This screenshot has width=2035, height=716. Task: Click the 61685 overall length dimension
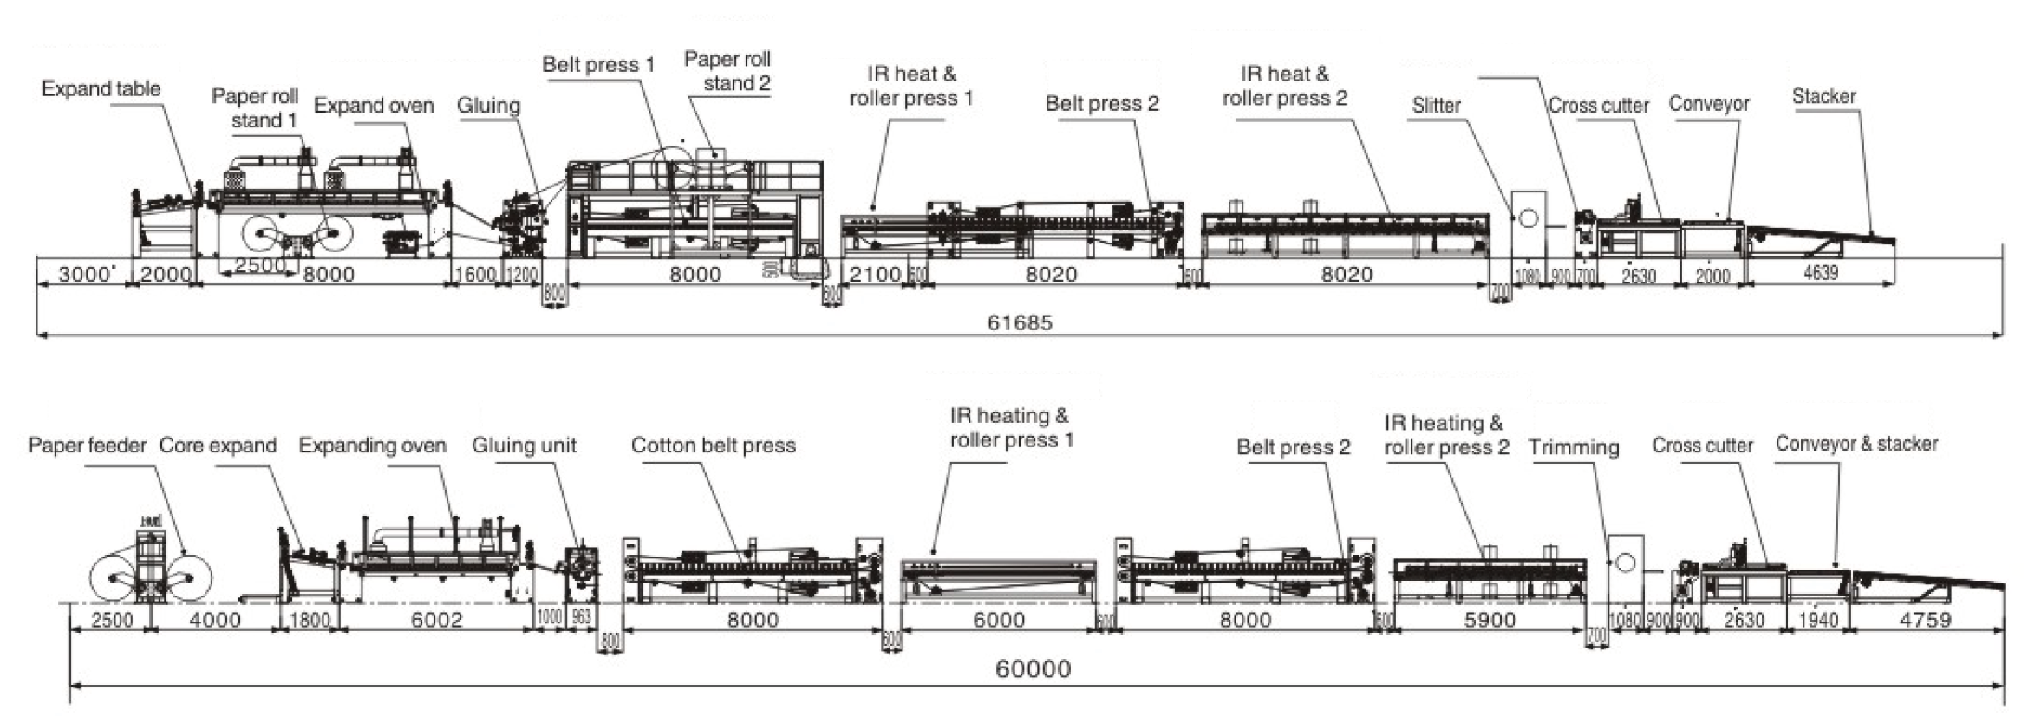(x=1020, y=322)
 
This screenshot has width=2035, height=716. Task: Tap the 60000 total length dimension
(x=1033, y=668)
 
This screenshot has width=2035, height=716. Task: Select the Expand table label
(x=101, y=88)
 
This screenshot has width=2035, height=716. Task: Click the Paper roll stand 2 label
(x=727, y=71)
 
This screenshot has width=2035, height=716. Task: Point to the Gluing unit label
(x=524, y=446)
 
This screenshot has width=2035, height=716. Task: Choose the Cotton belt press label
(x=713, y=446)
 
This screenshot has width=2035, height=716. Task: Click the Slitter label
(x=1436, y=106)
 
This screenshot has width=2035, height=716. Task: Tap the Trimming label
(x=1573, y=447)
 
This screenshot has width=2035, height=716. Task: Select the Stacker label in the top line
(x=1824, y=96)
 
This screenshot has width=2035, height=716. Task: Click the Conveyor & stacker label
(x=1856, y=444)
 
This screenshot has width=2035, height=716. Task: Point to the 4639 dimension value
(x=1821, y=273)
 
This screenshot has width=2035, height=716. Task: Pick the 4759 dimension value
(x=1925, y=620)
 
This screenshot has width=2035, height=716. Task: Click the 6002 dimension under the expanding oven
(x=436, y=620)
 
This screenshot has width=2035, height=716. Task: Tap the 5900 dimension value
(x=1490, y=620)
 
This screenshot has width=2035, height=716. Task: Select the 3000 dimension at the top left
(x=83, y=274)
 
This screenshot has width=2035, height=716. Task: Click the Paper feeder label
(x=88, y=446)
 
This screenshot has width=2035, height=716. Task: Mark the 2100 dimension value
(x=875, y=274)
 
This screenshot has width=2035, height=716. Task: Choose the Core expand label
(x=218, y=446)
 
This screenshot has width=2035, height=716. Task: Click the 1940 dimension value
(x=1818, y=620)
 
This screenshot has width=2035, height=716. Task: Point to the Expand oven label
(x=374, y=106)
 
